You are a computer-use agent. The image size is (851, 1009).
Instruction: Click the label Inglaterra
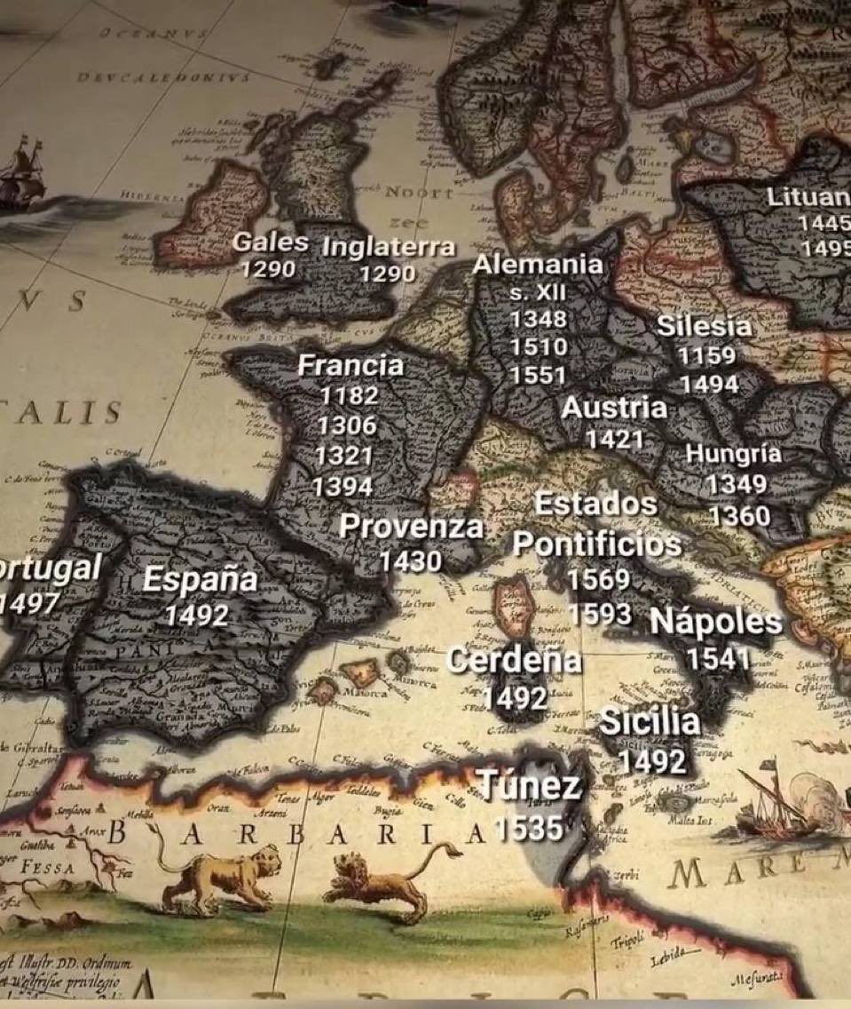pyautogui.click(x=388, y=247)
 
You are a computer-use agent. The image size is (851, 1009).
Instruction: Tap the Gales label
pyautogui.click(x=270, y=242)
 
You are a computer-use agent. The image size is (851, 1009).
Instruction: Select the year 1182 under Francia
pyautogui.click(x=349, y=395)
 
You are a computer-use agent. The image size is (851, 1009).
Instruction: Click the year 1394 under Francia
pyautogui.click(x=343, y=487)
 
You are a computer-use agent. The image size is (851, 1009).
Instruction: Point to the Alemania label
pyautogui.click(x=538, y=264)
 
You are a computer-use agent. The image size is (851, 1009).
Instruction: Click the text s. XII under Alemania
pyautogui.click(x=538, y=291)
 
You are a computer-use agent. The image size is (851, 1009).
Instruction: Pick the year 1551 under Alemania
pyautogui.click(x=538, y=376)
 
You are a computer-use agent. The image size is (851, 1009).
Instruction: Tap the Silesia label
pyautogui.click(x=704, y=326)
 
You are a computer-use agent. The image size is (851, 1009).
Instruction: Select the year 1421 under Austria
pyautogui.click(x=614, y=439)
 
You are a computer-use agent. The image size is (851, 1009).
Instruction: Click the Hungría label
pyautogui.click(x=733, y=454)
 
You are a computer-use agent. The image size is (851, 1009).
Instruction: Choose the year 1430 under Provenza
pyautogui.click(x=410, y=561)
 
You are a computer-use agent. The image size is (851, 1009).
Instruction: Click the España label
pyautogui.click(x=200, y=580)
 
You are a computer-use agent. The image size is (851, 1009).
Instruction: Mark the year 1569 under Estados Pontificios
pyautogui.click(x=598, y=579)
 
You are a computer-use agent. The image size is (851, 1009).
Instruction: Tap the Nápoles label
pyautogui.click(x=716, y=623)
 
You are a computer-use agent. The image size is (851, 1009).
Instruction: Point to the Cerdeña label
pyautogui.click(x=515, y=660)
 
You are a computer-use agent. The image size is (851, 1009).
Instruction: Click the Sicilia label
pyautogui.click(x=650, y=721)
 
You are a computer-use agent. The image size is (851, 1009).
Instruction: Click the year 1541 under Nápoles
pyautogui.click(x=718, y=658)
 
